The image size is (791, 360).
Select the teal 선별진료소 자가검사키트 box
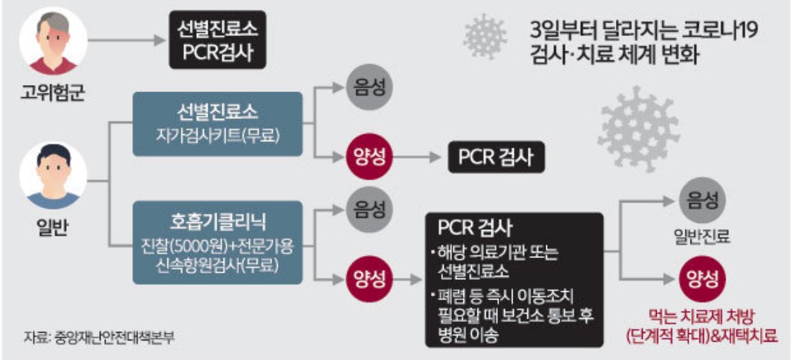click(217, 123)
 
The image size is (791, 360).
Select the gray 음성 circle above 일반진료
click(700, 201)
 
